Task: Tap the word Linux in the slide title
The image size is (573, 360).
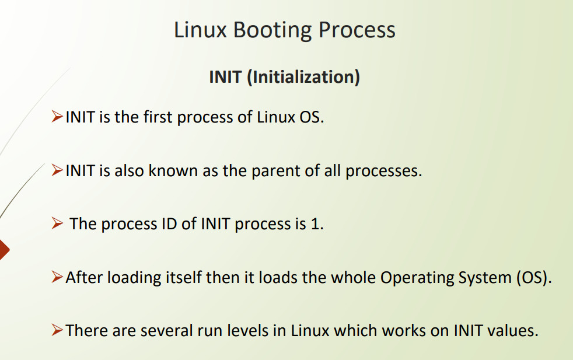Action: click(x=200, y=30)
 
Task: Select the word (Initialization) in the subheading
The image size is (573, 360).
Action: click(x=303, y=77)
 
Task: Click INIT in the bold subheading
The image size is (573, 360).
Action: click(x=225, y=77)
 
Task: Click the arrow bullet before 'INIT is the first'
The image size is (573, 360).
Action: click(x=57, y=117)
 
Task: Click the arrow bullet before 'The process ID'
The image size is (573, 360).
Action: click(x=57, y=223)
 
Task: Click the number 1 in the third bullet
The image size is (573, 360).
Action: click(x=315, y=223)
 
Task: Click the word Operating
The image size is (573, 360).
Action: click(x=417, y=278)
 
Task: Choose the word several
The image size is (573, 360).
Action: click(x=167, y=331)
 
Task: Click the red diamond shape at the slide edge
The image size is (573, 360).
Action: click(x=4, y=250)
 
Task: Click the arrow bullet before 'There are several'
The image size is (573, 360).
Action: click(x=57, y=330)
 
